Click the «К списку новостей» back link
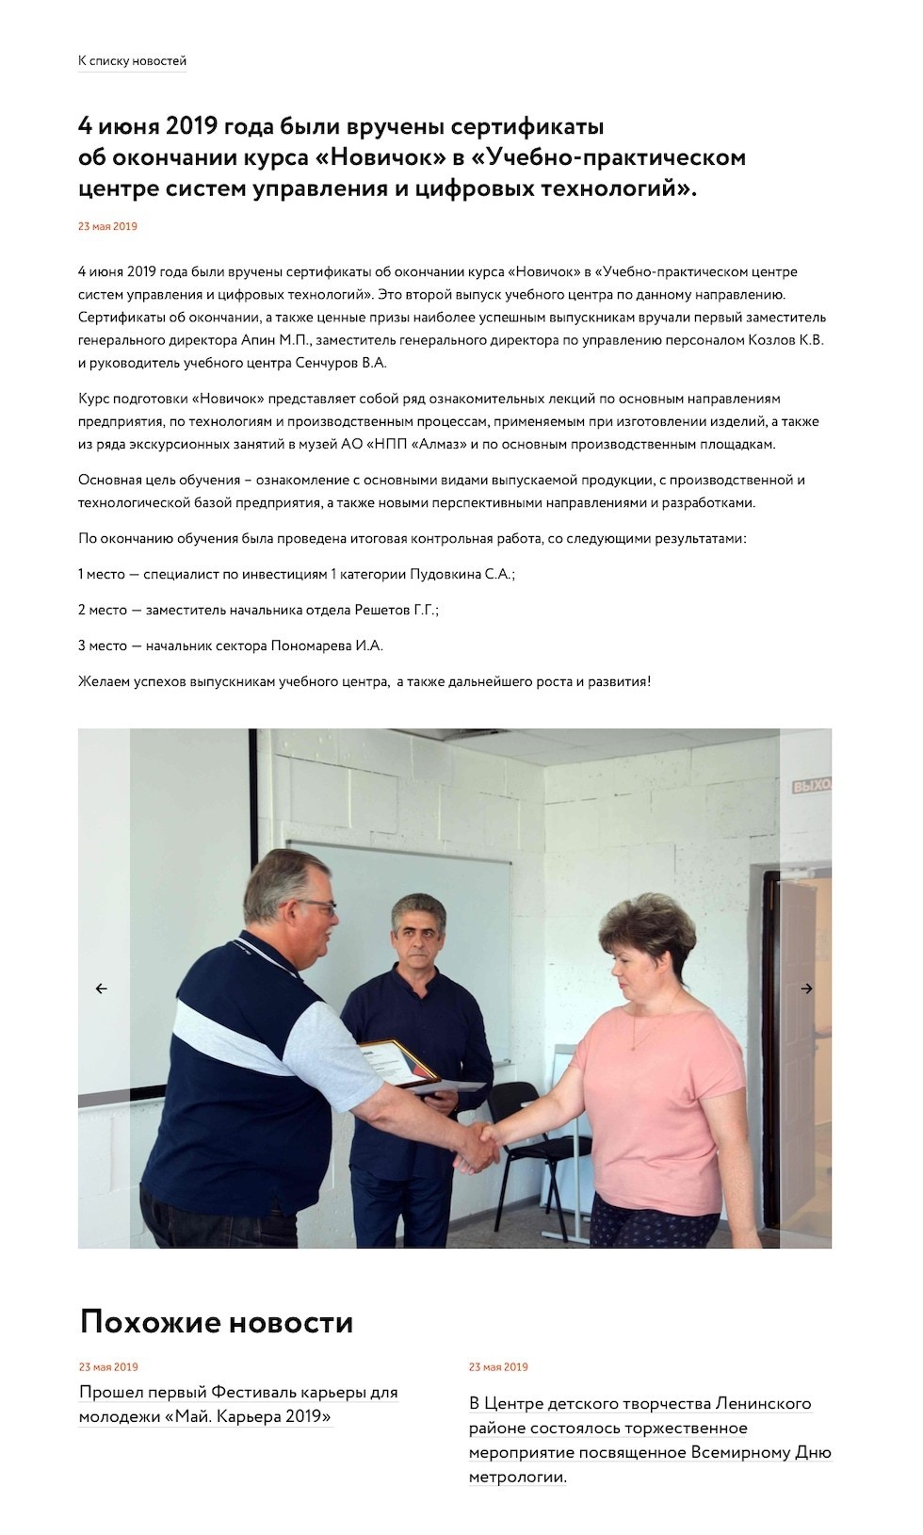tap(132, 61)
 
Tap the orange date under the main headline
tap(107, 226)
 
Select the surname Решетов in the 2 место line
tap(381, 610)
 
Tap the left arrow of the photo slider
tap(102, 988)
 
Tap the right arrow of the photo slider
tap(806, 988)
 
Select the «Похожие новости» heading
tap(217, 1322)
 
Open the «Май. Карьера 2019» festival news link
tap(237, 1404)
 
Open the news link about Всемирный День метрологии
tap(650, 1440)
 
